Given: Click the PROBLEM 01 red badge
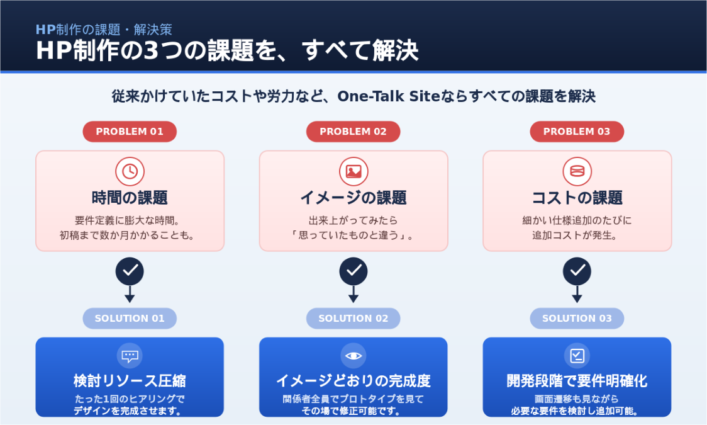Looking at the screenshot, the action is [130, 132].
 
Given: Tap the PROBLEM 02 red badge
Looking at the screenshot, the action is [353, 132].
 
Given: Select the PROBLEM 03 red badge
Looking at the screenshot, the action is [577, 132].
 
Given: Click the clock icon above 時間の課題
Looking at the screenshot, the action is [130, 171].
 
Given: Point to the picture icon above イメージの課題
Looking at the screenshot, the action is [353, 171].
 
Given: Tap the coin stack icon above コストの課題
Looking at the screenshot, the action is [577, 171].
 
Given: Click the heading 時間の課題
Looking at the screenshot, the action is [130, 198].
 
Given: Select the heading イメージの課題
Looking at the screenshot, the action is [353, 198].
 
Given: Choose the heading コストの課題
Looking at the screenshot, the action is [577, 198].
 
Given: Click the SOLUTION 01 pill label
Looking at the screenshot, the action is [130, 318].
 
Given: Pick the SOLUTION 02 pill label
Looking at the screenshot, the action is [353, 318].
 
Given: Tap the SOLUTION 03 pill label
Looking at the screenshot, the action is [577, 318].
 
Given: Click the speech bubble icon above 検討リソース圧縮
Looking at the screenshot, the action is [130, 356].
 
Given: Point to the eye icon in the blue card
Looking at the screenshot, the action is [353, 356].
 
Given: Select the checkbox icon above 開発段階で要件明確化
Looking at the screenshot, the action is [577, 356].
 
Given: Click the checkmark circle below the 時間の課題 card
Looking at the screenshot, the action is [130, 271].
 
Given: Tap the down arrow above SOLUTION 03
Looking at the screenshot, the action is [577, 294].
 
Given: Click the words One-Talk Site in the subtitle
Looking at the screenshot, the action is [388, 96].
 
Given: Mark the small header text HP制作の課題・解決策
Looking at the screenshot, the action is [104, 30].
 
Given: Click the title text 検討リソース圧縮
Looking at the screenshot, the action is [130, 381].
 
